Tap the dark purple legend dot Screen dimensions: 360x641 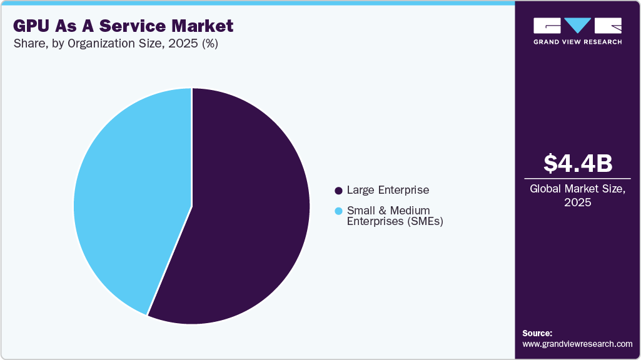pos(338,190)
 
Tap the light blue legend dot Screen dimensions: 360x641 pos(338,211)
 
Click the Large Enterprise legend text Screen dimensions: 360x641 pos(388,190)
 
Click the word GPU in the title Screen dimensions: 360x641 pos(31,26)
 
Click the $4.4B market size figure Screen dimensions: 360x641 pos(577,163)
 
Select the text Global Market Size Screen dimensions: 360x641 pos(577,189)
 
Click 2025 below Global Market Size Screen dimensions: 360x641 pos(577,203)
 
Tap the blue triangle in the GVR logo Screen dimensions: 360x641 pos(577,25)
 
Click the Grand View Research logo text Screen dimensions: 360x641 pos(577,42)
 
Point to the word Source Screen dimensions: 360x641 pos(537,334)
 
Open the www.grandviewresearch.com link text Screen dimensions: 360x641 pos(577,344)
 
